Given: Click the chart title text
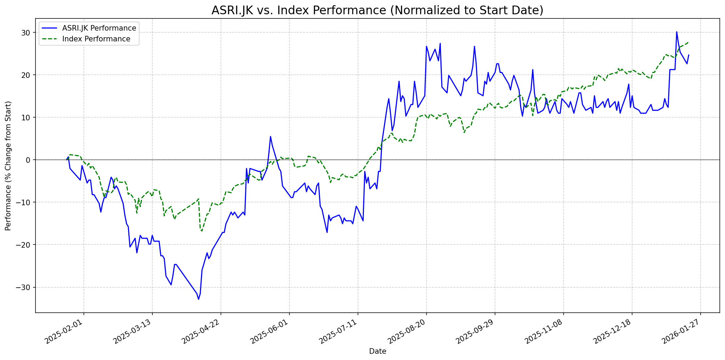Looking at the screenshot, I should point(377,10).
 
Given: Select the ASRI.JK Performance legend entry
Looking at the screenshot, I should point(99,28).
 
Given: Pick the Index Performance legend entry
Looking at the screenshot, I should point(96,39).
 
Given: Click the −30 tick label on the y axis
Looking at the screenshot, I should point(25,287).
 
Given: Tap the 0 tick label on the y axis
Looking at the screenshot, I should point(29,160).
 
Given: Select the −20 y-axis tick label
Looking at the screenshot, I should point(25,245).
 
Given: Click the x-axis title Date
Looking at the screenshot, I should point(377,351).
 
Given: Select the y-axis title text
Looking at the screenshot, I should point(8,166).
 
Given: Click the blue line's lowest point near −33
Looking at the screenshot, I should point(198,299).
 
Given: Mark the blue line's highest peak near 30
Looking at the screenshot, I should point(676,32).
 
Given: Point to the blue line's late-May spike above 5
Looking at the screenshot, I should point(270,136).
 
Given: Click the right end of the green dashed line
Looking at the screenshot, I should point(688,42).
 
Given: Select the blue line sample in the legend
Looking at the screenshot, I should point(50,28).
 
